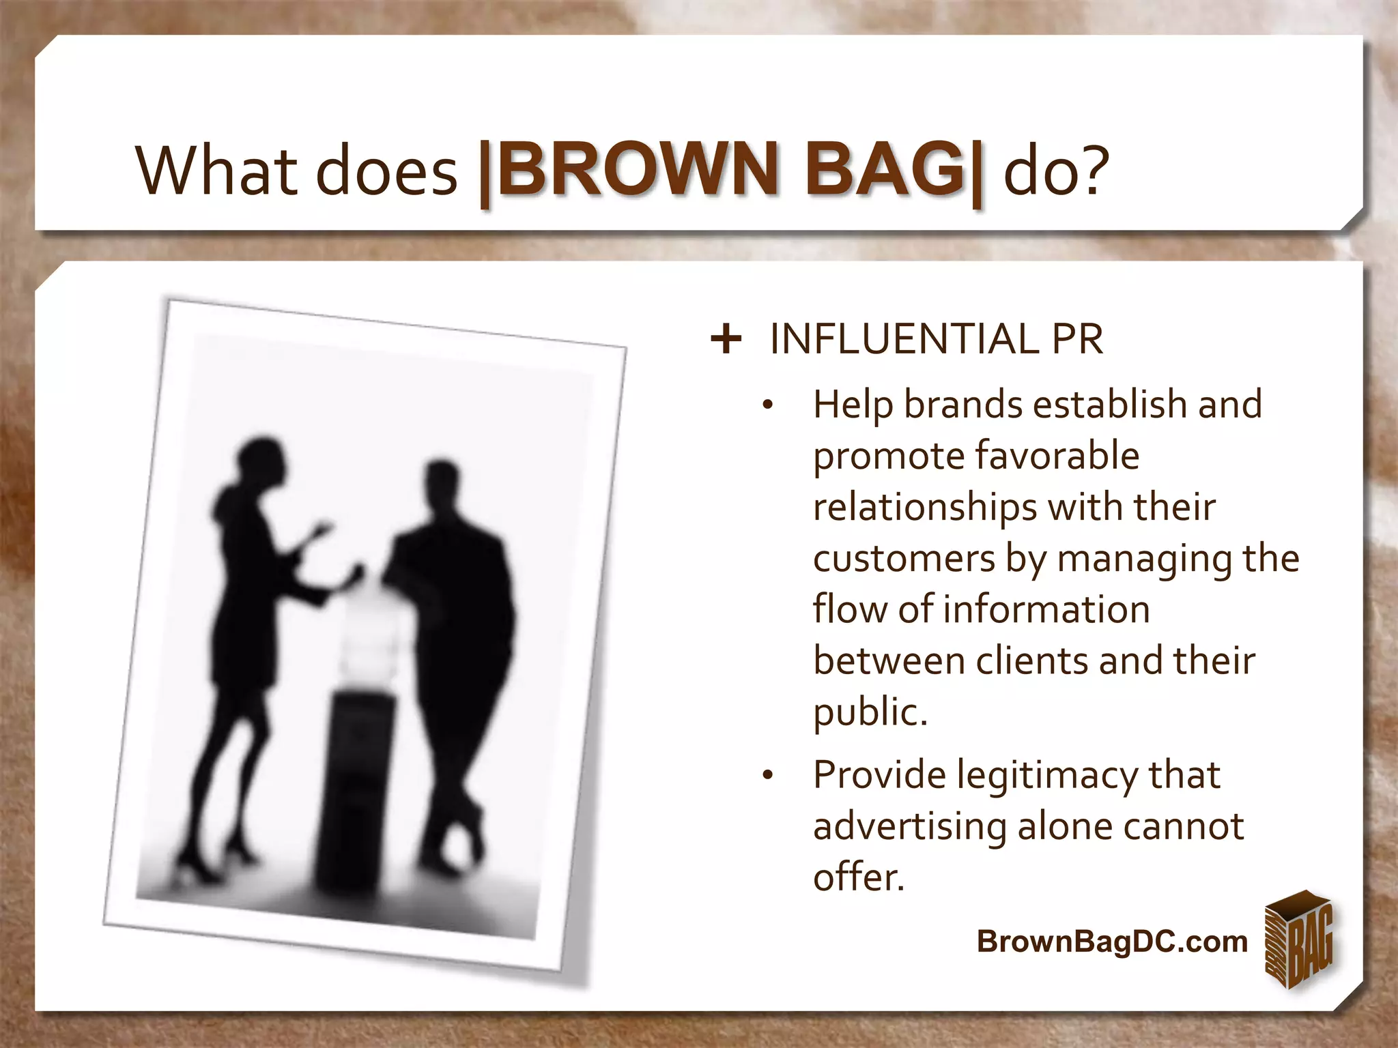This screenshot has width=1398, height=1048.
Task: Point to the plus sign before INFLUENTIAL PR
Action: pos(726,339)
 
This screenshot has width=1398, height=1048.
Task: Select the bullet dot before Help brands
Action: pos(767,405)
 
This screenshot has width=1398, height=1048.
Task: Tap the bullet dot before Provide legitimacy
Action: pos(767,776)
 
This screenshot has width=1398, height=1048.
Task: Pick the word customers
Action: pos(904,559)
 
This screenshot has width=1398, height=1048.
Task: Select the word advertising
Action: pos(909,827)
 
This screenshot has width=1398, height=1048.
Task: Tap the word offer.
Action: pos(858,877)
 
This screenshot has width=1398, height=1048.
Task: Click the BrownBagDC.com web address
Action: pos(1111,942)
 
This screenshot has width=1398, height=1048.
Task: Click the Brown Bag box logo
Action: pos(1298,940)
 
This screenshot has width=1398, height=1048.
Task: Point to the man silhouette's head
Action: pos(441,482)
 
